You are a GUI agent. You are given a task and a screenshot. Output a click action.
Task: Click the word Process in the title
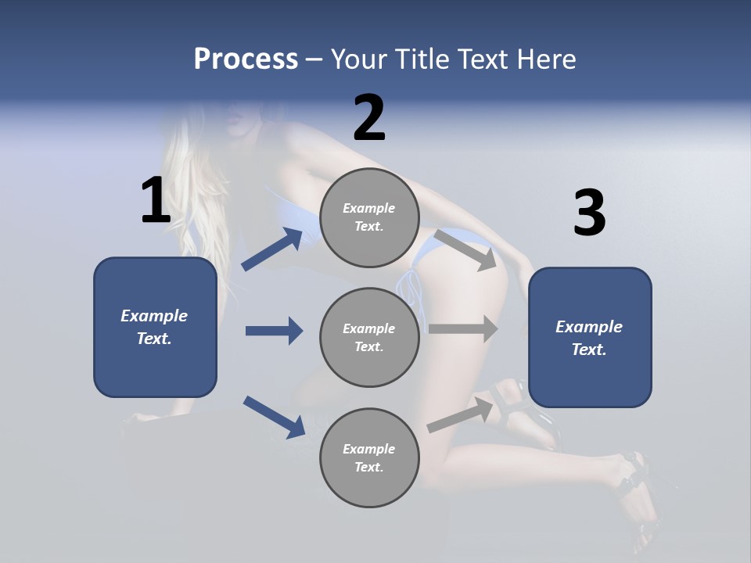[x=246, y=59]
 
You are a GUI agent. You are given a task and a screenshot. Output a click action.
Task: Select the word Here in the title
[x=545, y=59]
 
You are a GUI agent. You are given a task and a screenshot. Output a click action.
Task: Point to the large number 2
[x=369, y=118]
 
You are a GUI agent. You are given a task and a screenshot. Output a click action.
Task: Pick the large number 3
[x=589, y=213]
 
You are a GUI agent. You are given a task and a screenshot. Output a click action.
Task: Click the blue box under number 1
[x=155, y=327]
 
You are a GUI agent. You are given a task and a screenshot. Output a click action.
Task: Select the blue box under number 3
[x=590, y=338]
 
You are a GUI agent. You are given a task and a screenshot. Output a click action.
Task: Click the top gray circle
[x=369, y=217]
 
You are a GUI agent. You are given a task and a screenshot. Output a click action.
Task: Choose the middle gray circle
[x=369, y=337]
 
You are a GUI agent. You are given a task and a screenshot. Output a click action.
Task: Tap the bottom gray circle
[x=369, y=457]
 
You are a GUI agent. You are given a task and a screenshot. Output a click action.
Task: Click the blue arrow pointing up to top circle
[x=272, y=249]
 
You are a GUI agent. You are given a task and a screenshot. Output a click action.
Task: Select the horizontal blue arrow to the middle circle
[x=274, y=331]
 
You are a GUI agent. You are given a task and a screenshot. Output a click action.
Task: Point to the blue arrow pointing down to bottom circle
[x=274, y=416]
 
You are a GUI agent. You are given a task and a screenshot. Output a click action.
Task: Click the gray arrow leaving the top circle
[x=465, y=249]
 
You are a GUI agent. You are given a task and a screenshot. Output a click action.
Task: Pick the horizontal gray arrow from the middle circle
[x=463, y=328]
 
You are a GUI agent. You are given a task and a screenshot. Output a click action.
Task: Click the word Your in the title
[x=359, y=59]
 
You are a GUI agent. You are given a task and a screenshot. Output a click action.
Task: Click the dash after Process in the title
[x=314, y=60]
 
